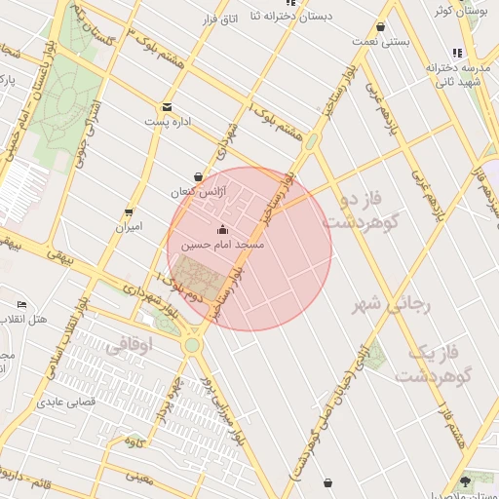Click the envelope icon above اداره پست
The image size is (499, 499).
[x=167, y=107]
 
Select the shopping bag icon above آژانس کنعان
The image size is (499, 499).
[x=199, y=177]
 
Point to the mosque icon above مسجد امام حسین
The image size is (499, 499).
[x=223, y=230]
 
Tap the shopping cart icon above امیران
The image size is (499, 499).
[x=129, y=212]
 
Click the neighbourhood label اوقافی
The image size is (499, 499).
[x=128, y=344]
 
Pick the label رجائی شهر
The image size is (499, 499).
[x=395, y=305]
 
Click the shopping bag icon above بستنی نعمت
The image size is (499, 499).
[x=380, y=27]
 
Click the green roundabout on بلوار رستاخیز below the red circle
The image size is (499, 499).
[x=192, y=345]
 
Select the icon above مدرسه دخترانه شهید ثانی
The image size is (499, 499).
[x=456, y=53]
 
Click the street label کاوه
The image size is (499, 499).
[x=134, y=442]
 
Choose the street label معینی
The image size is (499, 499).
[x=140, y=477]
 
